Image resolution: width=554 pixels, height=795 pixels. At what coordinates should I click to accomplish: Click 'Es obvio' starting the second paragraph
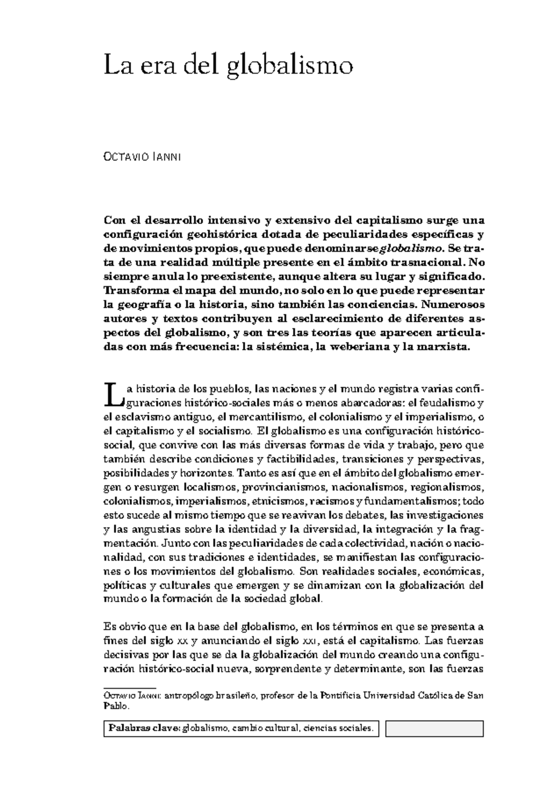120,627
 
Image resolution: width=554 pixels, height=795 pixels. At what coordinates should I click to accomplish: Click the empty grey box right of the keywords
434,729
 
